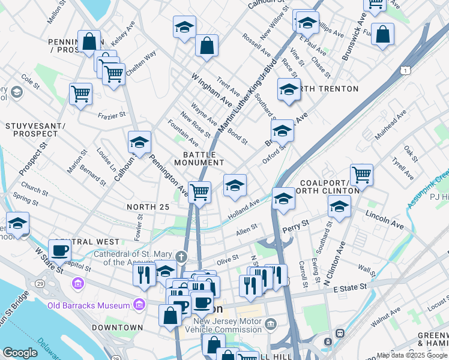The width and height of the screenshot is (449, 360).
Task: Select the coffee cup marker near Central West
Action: [x=59, y=250]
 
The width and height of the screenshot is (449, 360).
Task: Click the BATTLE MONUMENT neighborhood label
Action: [x=199, y=158]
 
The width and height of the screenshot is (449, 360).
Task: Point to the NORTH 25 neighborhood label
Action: [x=149, y=207]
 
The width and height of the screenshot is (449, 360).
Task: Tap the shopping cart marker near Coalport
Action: [x=361, y=175]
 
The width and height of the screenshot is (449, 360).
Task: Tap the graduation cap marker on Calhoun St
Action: [x=139, y=142]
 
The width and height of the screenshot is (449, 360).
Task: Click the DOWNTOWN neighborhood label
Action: [x=118, y=328]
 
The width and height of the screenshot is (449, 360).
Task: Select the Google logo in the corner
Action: [x=20, y=353]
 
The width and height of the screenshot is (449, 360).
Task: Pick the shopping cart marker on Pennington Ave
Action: [x=199, y=192]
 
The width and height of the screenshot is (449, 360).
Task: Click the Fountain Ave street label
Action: [x=183, y=133]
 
